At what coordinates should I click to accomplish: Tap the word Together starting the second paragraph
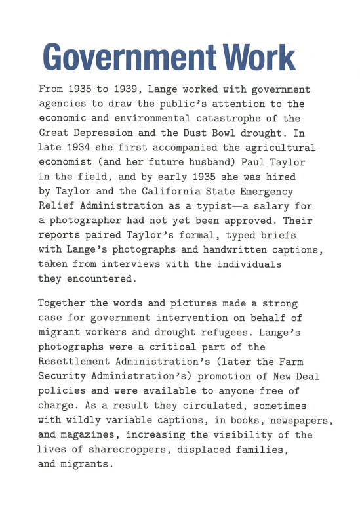62,304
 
